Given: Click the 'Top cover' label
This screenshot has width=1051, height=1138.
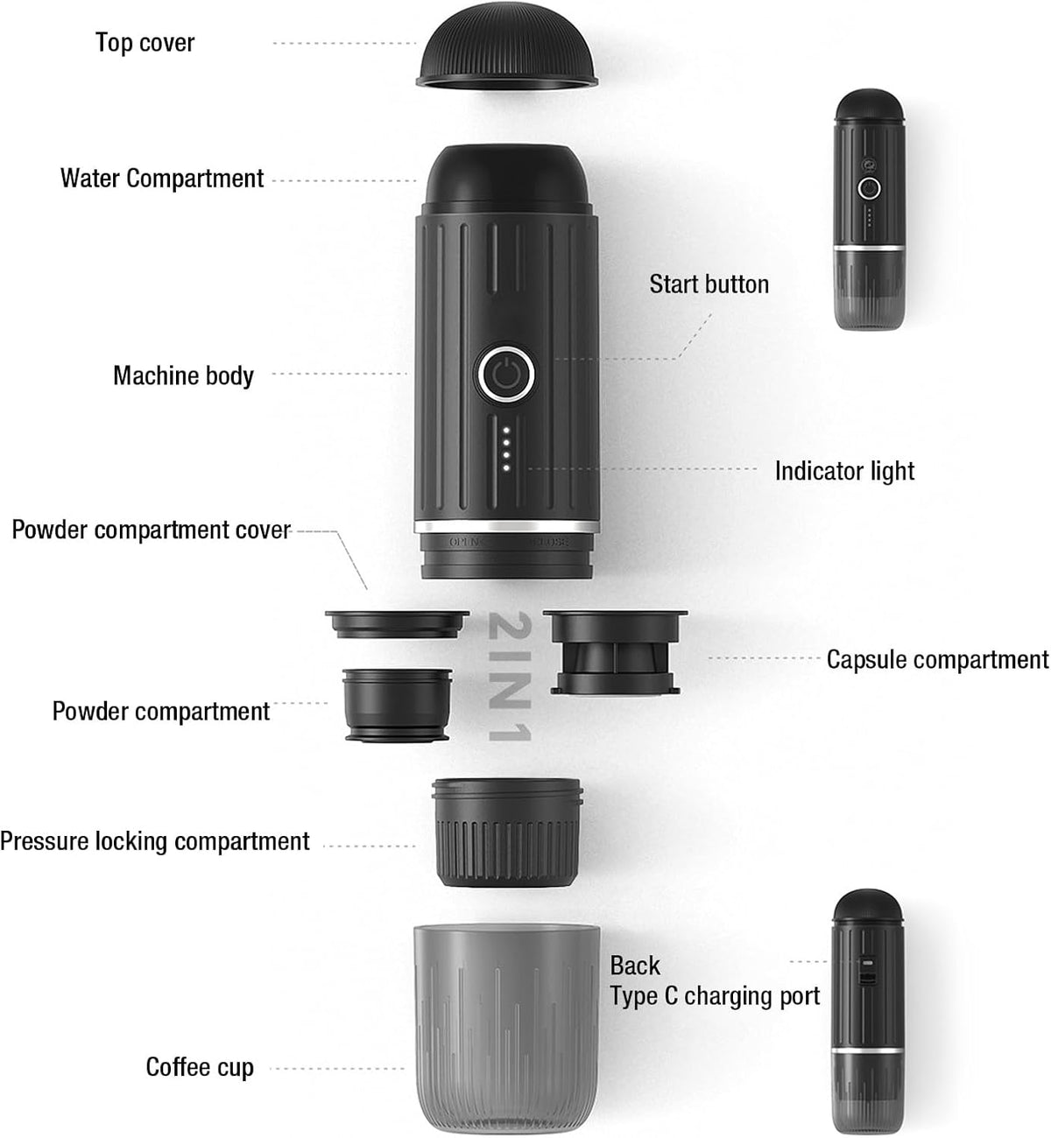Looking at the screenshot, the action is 145,43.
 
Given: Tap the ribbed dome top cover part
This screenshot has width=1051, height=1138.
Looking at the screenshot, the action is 506,46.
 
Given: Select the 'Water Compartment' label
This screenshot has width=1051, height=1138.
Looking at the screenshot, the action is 162,179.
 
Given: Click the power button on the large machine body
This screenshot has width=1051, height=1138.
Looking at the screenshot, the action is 506,375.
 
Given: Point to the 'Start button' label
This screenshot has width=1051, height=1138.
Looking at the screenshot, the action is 709,284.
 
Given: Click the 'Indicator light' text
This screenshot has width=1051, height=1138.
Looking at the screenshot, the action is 844,471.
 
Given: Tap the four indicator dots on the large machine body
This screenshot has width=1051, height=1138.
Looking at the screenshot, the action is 506,449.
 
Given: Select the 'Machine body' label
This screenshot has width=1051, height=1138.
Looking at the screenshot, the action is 183,376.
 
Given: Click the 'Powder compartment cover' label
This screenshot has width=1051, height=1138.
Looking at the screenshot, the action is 152,530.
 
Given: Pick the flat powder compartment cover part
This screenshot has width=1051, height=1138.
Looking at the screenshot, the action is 397,623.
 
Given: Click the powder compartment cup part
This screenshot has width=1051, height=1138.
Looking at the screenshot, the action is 398,705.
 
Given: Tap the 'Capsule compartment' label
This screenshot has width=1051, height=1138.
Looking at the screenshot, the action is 937,659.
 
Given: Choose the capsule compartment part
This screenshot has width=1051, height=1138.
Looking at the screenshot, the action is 615,652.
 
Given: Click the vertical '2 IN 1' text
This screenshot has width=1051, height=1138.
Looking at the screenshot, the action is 509,676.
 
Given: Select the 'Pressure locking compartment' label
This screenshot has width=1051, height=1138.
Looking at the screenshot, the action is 155,842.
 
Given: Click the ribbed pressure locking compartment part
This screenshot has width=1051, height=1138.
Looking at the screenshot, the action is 507,832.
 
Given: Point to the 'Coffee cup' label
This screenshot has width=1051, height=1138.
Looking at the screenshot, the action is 200,1067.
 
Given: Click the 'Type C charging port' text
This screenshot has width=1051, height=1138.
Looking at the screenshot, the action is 715,996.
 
